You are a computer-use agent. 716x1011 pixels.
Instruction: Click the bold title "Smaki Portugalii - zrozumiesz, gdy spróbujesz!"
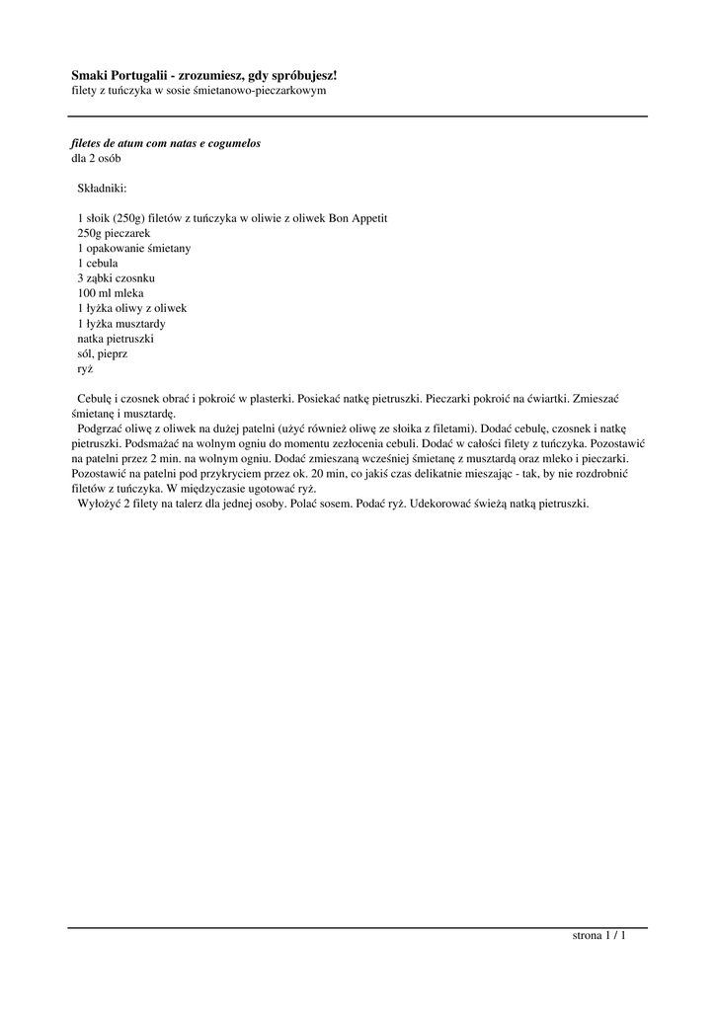pyautogui.click(x=203, y=75)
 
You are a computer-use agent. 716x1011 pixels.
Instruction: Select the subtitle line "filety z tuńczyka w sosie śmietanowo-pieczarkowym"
pyautogui.click(x=199, y=90)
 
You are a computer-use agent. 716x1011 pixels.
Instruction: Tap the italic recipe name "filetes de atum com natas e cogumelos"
pyautogui.click(x=165, y=143)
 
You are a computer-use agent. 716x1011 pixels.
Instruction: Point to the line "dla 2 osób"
pyautogui.click(x=96, y=158)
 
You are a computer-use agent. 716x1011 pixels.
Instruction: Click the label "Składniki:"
pyautogui.click(x=102, y=188)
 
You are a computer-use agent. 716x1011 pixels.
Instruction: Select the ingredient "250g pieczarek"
pyautogui.click(x=113, y=233)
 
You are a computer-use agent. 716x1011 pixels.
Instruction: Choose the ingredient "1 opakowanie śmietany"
pyautogui.click(x=133, y=248)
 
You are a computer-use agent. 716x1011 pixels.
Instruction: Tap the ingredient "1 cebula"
pyautogui.click(x=98, y=264)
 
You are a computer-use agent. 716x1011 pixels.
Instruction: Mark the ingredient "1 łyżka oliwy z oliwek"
pyautogui.click(x=131, y=308)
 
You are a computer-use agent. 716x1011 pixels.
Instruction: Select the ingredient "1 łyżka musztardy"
pyautogui.click(x=120, y=323)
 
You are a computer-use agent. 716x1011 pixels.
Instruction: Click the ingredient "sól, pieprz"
pyautogui.click(x=102, y=352)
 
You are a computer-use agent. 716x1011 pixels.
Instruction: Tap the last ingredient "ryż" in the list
pyautogui.click(x=85, y=368)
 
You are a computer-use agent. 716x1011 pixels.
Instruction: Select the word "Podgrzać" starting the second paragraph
pyautogui.click(x=100, y=428)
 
